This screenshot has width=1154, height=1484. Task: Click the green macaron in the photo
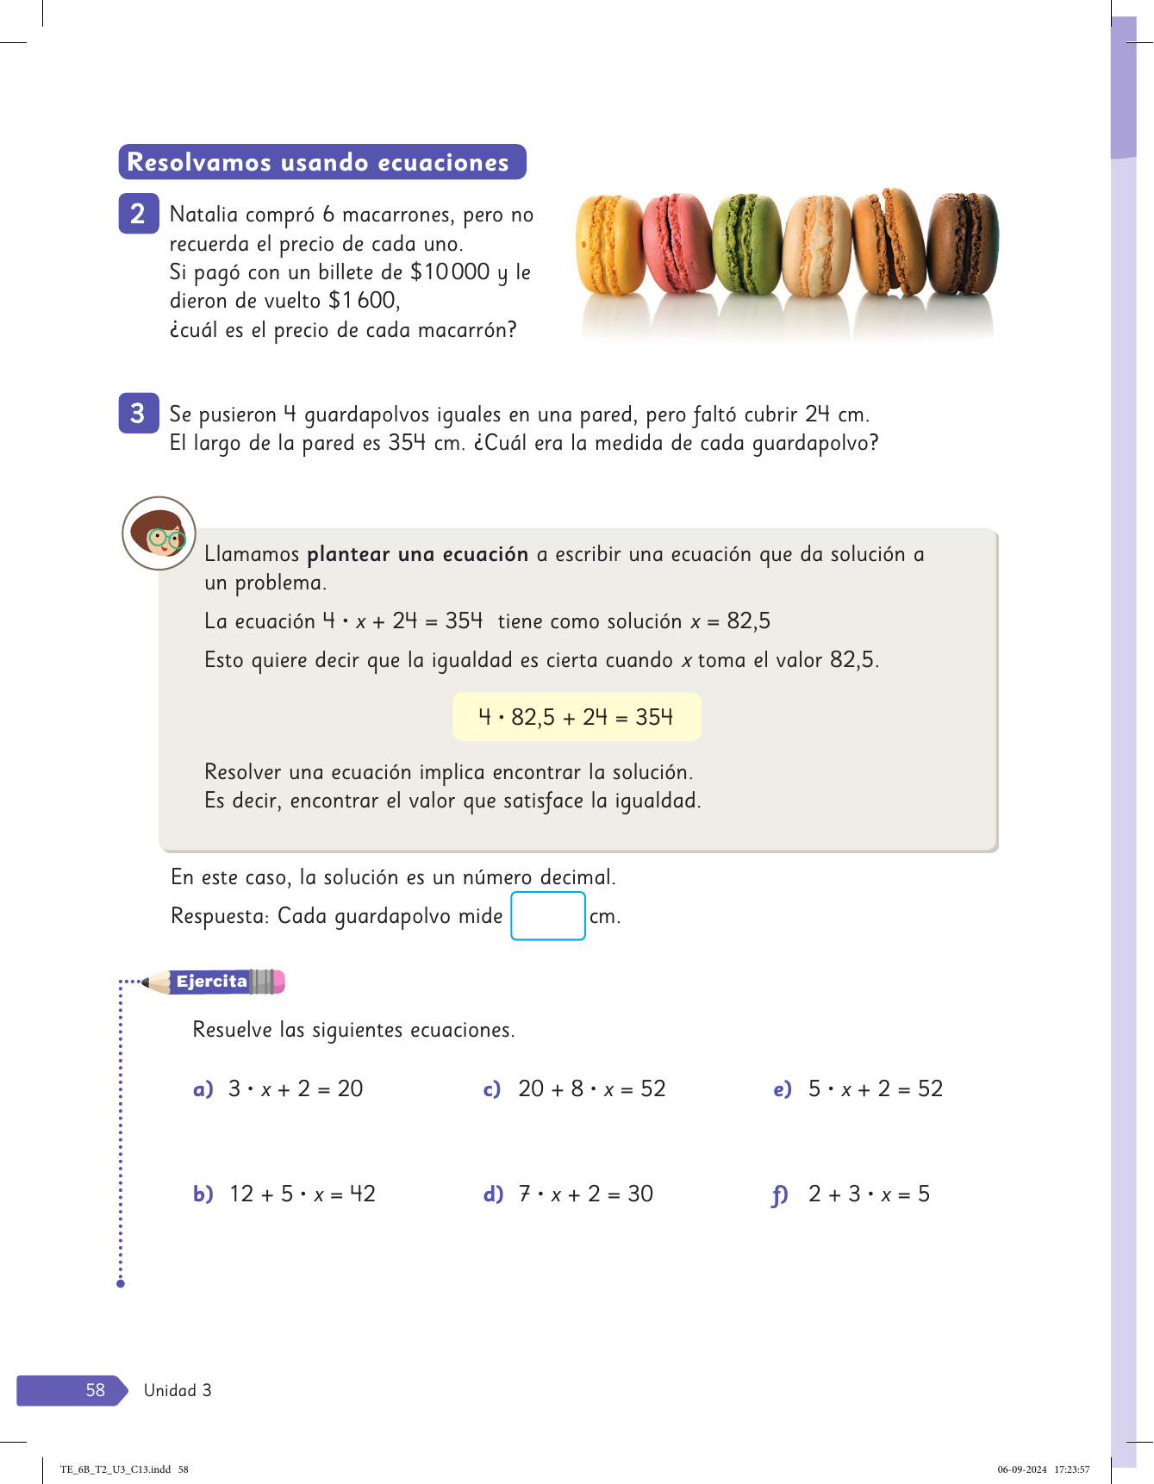(747, 245)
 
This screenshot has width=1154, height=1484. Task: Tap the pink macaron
(678, 244)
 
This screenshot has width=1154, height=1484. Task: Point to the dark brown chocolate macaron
(963, 244)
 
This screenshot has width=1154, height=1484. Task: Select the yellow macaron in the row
(610, 246)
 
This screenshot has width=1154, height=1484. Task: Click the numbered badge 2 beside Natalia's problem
(138, 214)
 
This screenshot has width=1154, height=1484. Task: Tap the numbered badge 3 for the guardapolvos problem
(138, 414)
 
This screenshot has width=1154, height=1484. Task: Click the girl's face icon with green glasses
(159, 533)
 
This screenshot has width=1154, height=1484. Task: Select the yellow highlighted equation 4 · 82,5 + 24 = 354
(577, 717)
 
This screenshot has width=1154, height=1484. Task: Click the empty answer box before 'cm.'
(548, 916)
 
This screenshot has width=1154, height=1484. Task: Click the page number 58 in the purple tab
(95, 1390)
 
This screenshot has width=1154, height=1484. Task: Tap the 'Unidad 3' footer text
(178, 1390)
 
